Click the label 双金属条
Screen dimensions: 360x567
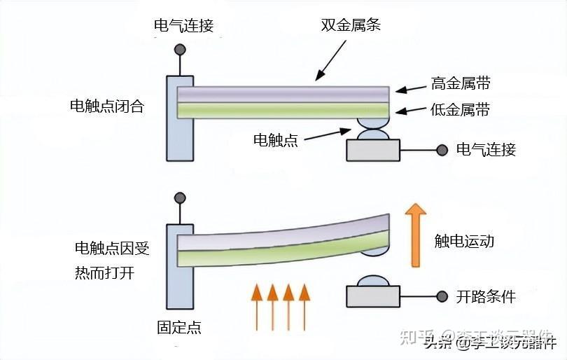tap(351, 26)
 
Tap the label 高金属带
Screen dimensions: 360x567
tap(460, 84)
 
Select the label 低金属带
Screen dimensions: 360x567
tap(460, 110)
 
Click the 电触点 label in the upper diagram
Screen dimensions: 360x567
tap(275, 140)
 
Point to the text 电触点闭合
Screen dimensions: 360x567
tap(106, 106)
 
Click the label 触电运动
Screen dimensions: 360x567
tap(464, 242)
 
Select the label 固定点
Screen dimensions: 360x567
tap(179, 327)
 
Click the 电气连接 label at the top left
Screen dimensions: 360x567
tap(183, 27)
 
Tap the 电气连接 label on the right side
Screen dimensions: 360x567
tap(486, 149)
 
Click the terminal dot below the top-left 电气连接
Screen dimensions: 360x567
tap(180, 50)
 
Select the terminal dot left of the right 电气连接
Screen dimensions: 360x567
tap(442, 149)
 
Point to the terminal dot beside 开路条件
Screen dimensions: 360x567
tap(442, 297)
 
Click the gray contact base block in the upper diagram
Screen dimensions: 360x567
tap(373, 151)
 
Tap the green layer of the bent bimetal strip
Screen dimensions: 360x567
tap(280, 249)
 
